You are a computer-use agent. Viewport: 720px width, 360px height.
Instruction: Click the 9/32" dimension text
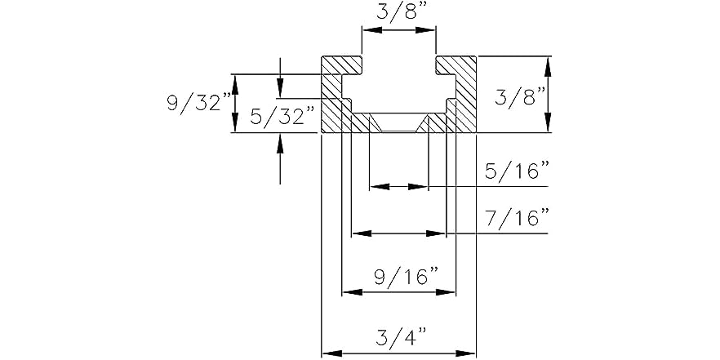198,103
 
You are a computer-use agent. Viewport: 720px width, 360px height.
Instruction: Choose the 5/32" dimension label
282,117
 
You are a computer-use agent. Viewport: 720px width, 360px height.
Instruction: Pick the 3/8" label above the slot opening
398,13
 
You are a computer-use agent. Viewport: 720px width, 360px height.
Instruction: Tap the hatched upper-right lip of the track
456,64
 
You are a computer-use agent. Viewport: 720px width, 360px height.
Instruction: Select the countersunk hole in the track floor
398,123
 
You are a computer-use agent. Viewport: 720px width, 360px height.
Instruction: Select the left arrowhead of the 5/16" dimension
375,187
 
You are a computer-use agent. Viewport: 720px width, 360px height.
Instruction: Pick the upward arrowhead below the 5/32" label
280,140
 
